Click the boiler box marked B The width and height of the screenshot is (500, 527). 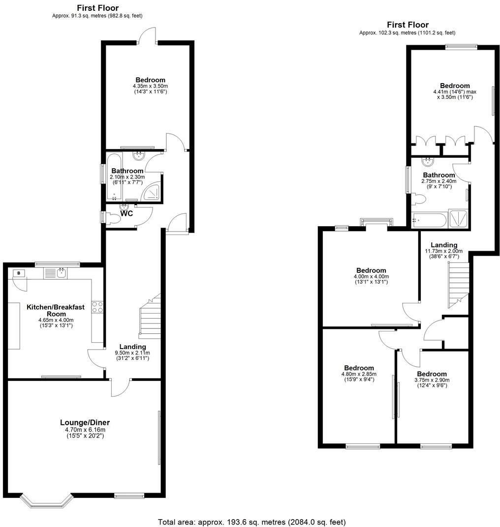[x=19, y=273]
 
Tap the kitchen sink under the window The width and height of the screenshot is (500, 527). [x=62, y=273]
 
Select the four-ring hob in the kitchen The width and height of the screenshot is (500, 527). [x=97, y=307]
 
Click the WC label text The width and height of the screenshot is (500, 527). [x=127, y=214]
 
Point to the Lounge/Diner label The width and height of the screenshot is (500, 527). [x=85, y=422]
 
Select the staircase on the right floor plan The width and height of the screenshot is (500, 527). [x=458, y=284]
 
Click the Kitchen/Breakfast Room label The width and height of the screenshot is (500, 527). [x=55, y=310]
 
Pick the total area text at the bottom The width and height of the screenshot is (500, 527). [x=251, y=522]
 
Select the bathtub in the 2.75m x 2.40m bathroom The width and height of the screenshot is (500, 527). [x=429, y=220]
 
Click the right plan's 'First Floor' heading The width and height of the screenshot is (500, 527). [x=407, y=25]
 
